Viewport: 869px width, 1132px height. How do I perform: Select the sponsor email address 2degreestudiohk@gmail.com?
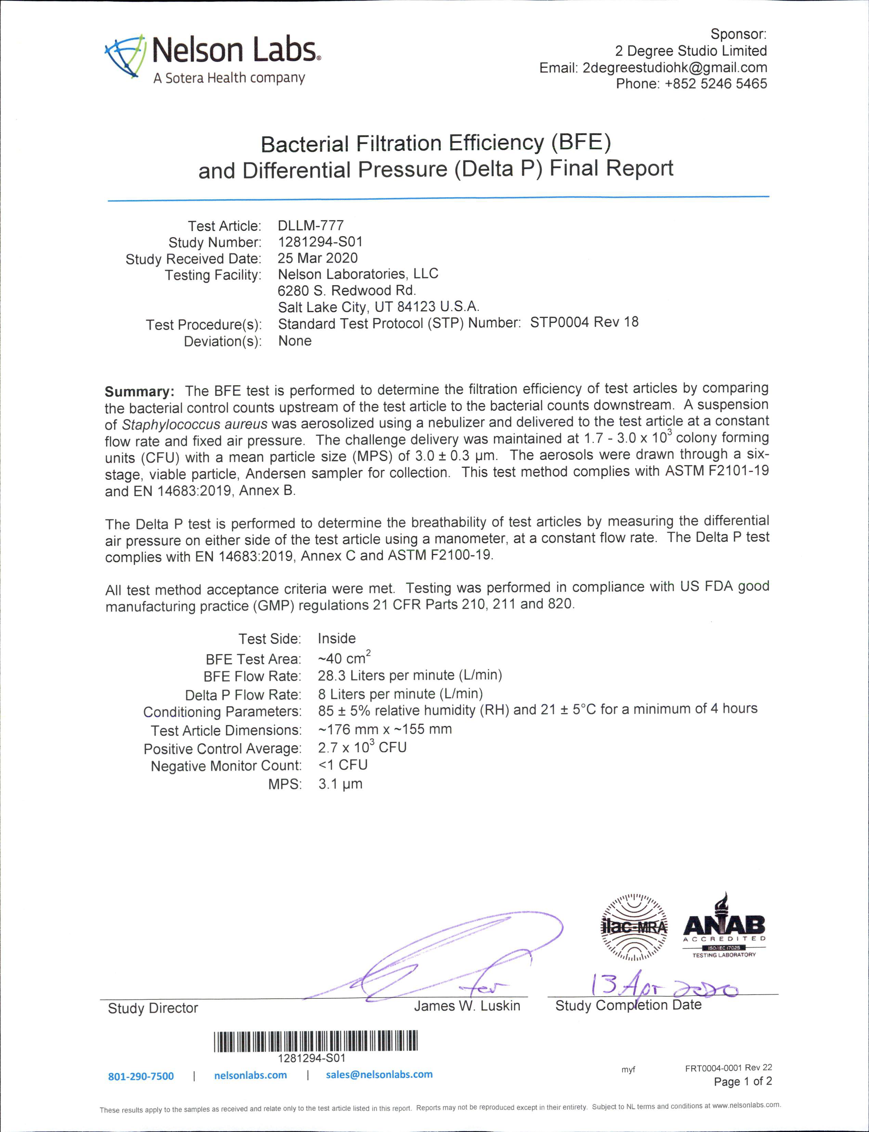(x=675, y=68)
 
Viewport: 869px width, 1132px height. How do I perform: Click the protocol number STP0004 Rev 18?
(x=584, y=323)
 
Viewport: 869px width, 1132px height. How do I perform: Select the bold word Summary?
(x=139, y=391)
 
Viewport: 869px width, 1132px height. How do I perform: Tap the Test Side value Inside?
(x=337, y=639)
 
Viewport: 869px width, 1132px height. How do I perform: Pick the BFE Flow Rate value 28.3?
(x=332, y=675)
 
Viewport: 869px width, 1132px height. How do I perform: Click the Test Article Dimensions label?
(x=226, y=730)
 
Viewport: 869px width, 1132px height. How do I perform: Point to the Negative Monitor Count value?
(x=342, y=765)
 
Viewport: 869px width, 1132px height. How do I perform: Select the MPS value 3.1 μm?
(x=340, y=784)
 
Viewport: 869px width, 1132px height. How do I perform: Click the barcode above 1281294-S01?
(x=315, y=1041)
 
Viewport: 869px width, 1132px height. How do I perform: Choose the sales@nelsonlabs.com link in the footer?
(x=379, y=1075)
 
